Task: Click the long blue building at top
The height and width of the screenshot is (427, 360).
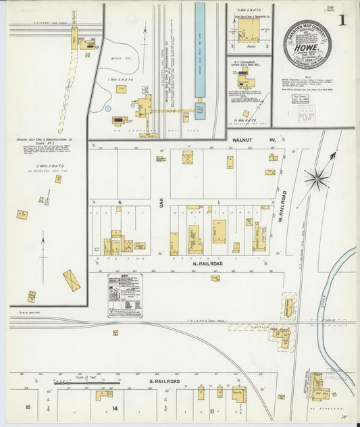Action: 200,50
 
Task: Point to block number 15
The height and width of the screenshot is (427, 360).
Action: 28,407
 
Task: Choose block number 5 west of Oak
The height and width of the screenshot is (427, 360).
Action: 120,202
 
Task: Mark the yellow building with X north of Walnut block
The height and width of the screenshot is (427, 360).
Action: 187,157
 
